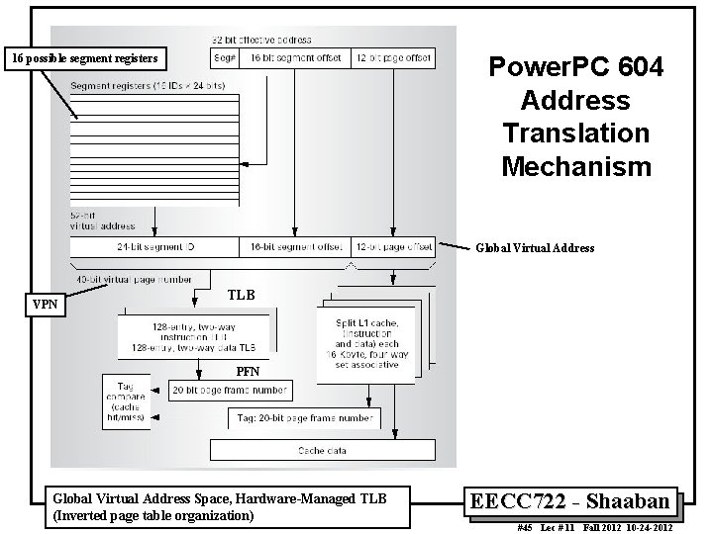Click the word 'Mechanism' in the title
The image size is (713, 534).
coord(576,165)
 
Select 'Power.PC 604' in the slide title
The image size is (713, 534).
coord(576,69)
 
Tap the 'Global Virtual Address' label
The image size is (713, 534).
coord(536,248)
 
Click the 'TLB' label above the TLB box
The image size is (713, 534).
coord(241,295)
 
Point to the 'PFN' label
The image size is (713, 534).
coord(248,373)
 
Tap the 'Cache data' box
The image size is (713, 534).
coord(322,451)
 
